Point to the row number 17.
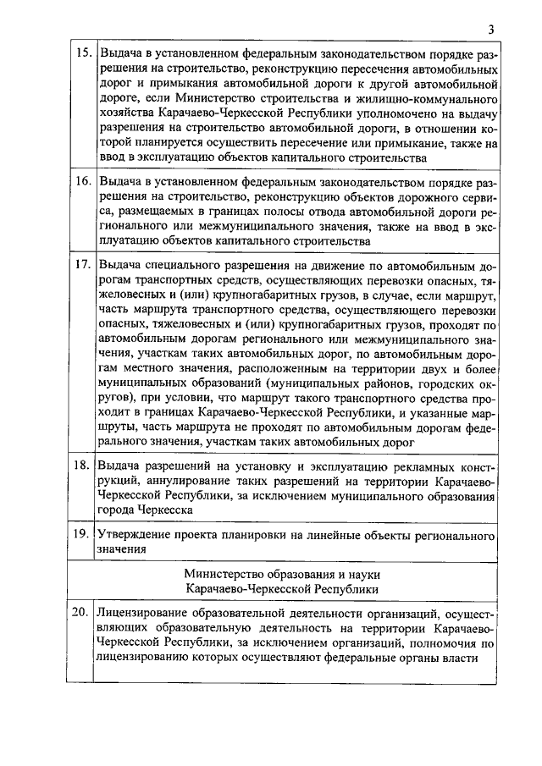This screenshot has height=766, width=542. (83, 264)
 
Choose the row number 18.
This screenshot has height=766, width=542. (83, 466)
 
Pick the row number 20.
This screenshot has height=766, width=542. (83, 612)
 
